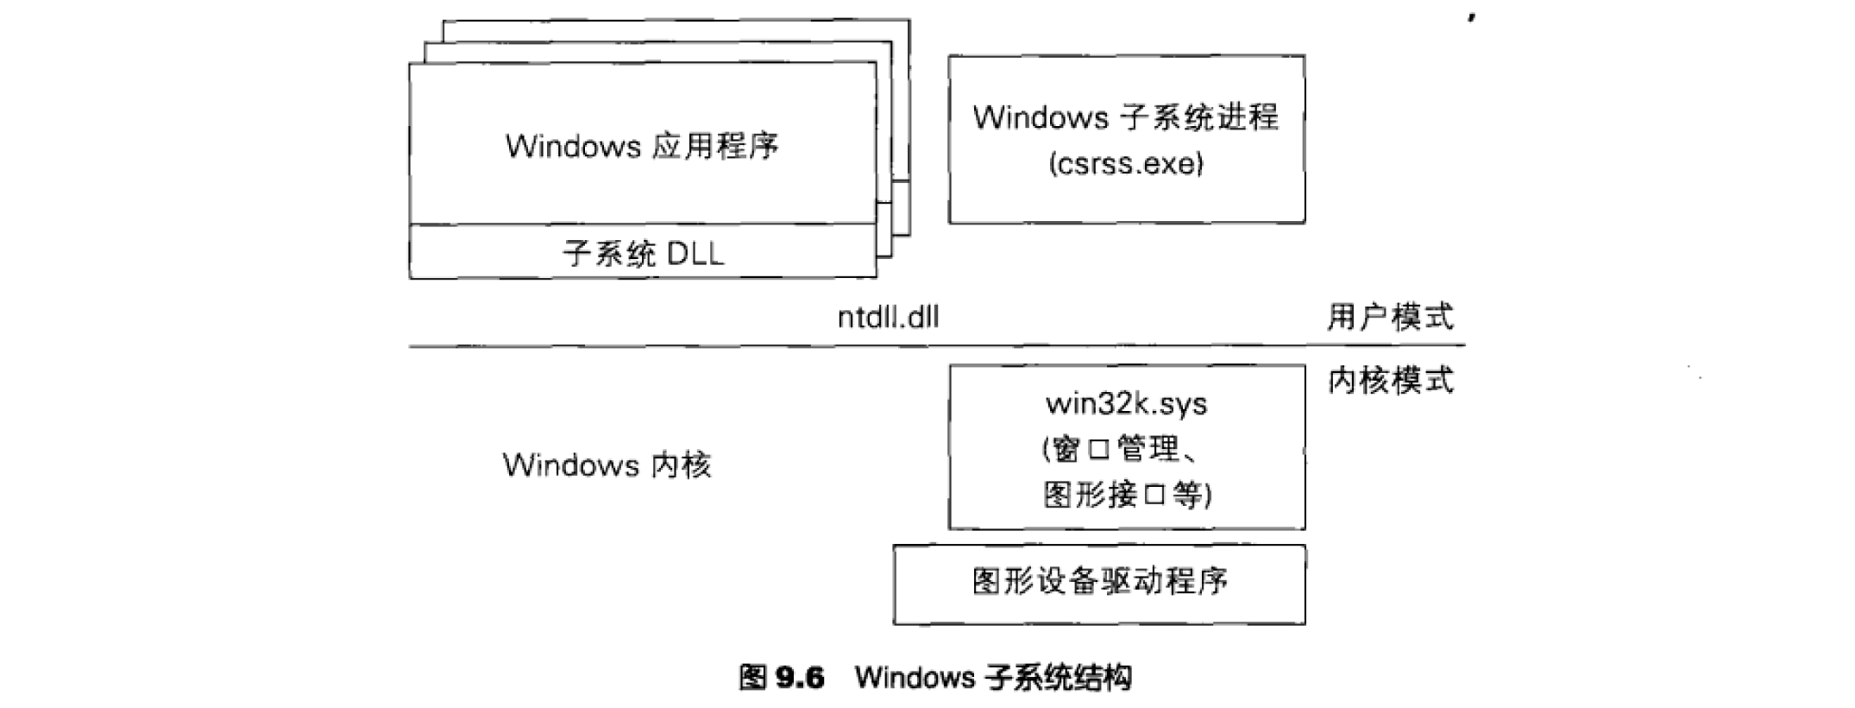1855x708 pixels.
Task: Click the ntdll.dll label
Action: point(888,317)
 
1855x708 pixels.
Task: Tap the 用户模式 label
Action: point(1390,317)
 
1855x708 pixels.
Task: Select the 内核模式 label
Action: point(1390,380)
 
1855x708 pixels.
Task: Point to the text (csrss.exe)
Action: point(1126,163)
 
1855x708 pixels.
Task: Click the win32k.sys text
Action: point(1126,403)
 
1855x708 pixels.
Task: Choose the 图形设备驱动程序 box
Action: point(1099,583)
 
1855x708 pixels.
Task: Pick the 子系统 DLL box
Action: point(643,252)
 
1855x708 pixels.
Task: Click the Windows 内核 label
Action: point(607,465)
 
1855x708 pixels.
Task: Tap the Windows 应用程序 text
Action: point(643,145)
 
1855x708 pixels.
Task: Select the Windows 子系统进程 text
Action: point(1126,117)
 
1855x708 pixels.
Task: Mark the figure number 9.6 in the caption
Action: point(800,678)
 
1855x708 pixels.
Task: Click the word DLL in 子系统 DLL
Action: point(695,253)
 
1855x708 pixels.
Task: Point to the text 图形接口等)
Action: point(1126,495)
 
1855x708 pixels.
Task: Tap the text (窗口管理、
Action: point(1122,449)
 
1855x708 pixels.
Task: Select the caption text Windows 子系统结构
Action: point(993,678)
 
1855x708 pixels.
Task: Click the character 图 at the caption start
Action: point(753,678)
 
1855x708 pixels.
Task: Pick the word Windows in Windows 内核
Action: point(570,465)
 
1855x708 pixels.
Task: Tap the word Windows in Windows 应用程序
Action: point(573,145)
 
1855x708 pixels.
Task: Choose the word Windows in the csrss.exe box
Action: point(1040,117)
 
